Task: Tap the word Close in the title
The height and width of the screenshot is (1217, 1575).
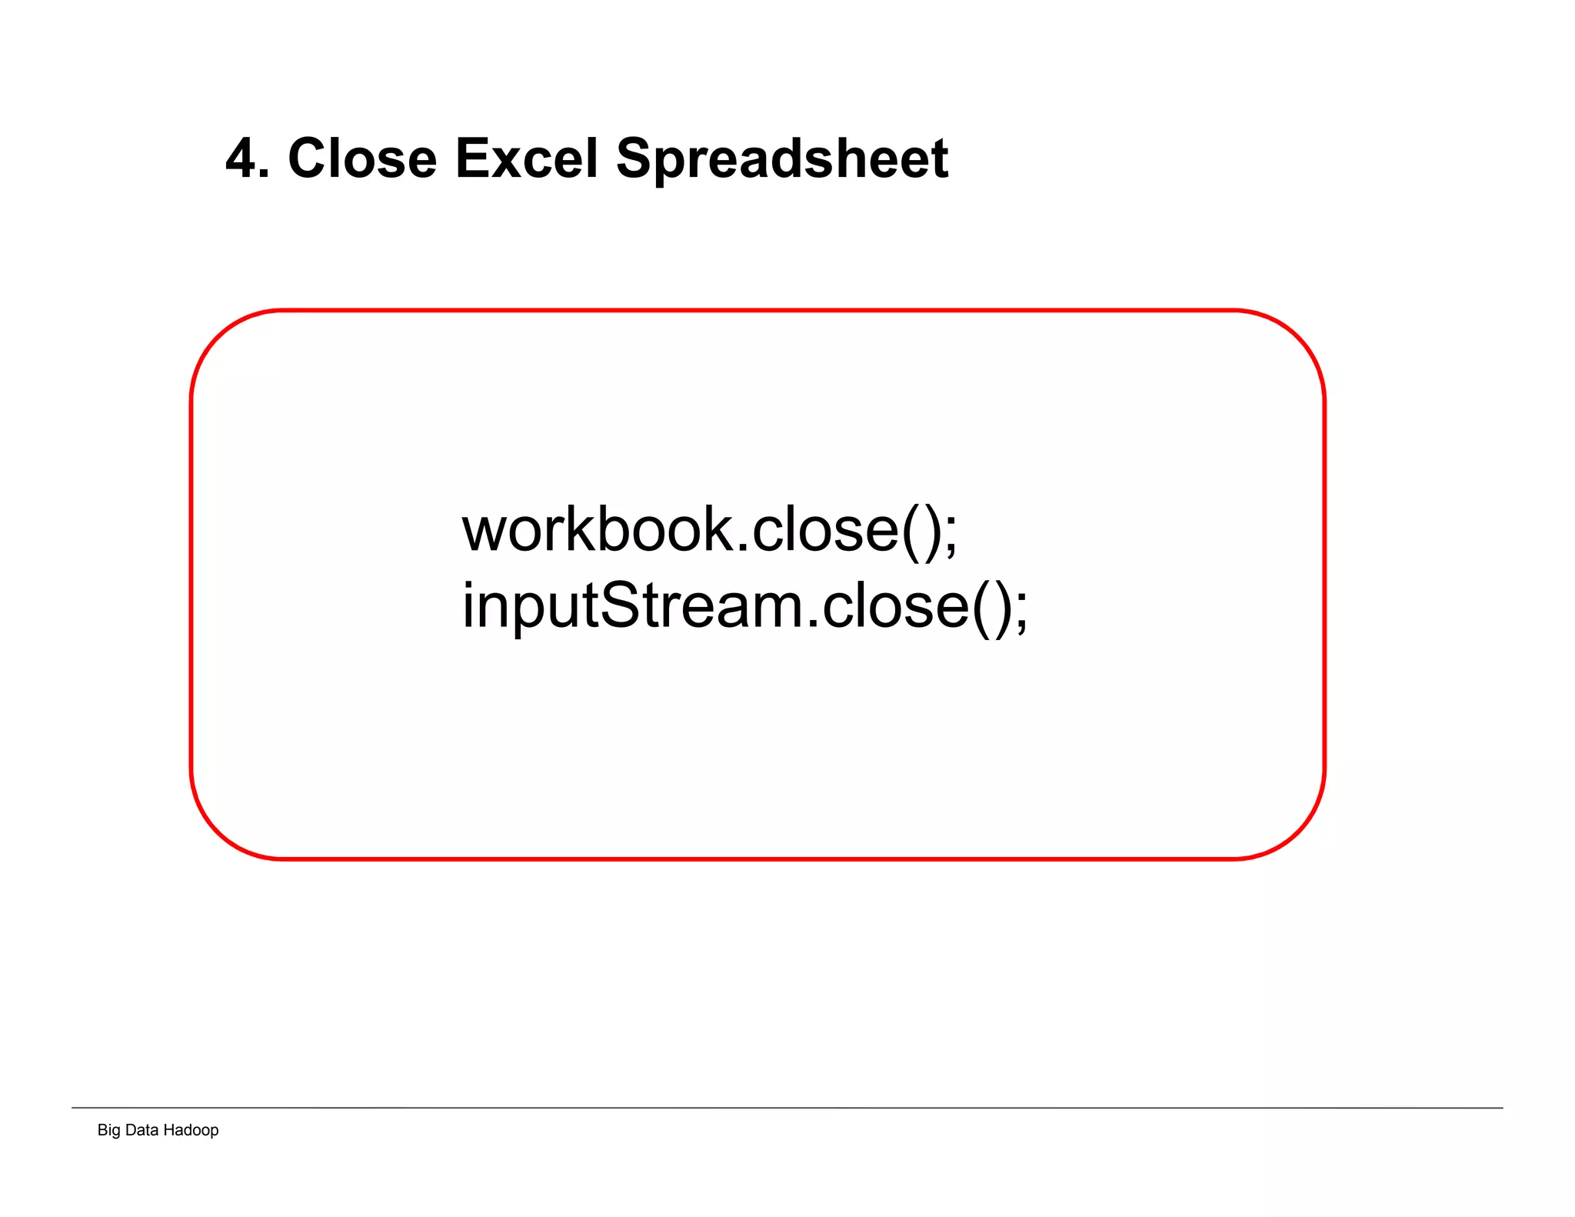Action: [x=362, y=159]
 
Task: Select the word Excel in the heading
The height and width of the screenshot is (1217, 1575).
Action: [x=526, y=159]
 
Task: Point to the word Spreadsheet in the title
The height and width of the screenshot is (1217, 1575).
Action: [x=782, y=159]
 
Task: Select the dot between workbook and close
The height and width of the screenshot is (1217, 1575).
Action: [x=742, y=548]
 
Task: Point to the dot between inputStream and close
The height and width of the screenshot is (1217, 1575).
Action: [x=813, y=624]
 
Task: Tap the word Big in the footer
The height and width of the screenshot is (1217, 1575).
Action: [x=108, y=1130]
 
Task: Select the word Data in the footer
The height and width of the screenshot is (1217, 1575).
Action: [x=142, y=1130]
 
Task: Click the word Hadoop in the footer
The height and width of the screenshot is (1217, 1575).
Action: [x=191, y=1130]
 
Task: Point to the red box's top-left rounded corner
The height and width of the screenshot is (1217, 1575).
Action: [x=218, y=337]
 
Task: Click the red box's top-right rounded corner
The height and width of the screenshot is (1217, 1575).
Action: [x=1298, y=337]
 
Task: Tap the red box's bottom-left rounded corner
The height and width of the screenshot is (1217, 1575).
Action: [x=218, y=832]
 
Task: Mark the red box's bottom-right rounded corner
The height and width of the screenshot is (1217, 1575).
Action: [x=1298, y=832]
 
